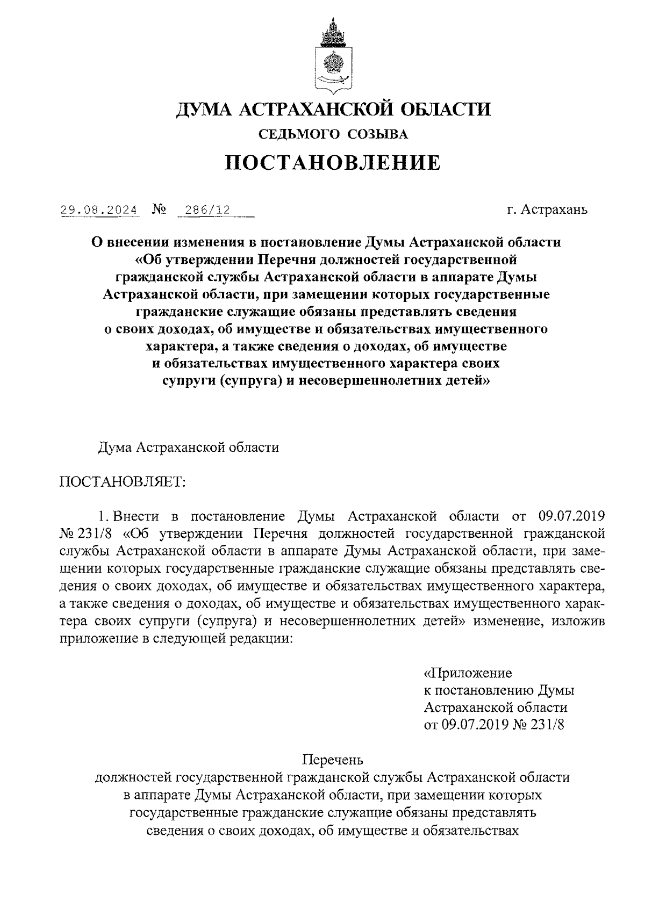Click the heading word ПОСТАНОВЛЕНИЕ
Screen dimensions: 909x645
coord(333,162)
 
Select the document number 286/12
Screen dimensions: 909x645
coord(207,210)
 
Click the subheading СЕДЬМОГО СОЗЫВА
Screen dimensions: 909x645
coord(333,134)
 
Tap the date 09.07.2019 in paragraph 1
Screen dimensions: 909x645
coord(571,517)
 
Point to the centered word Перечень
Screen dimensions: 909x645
coord(333,760)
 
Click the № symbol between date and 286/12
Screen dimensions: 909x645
coord(159,210)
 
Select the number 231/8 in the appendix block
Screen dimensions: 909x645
coord(548,725)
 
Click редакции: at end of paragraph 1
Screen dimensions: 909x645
coord(261,639)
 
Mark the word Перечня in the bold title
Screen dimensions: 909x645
coord(285,259)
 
